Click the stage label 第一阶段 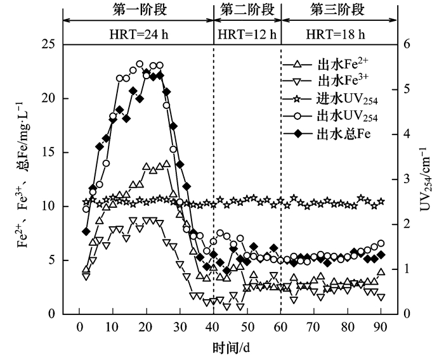(x=138, y=10)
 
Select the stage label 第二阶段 (x=247, y=10)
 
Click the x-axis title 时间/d (x=230, y=349)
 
